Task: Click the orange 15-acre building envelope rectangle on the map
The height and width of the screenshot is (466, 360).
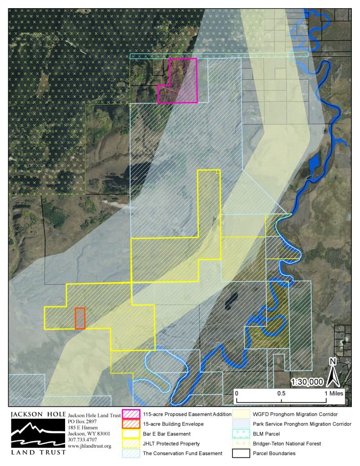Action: tap(80, 318)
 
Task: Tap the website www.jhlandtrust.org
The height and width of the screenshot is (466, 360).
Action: tap(90, 446)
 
